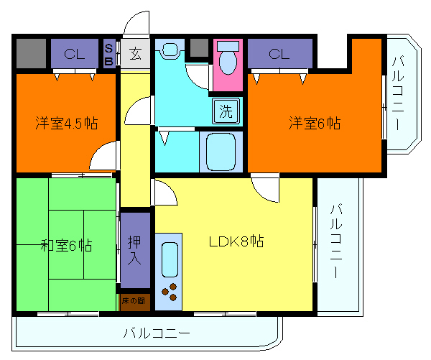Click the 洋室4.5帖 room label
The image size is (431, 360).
[66, 123]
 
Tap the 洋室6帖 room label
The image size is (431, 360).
[315, 123]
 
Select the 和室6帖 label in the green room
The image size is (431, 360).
[65, 245]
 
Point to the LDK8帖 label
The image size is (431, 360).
[236, 241]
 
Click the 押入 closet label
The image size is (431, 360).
[134, 250]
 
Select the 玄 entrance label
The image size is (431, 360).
[134, 52]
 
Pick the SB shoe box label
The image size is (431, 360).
[108, 53]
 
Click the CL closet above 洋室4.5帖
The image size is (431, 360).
[73, 53]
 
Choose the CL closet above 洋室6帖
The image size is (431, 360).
[279, 53]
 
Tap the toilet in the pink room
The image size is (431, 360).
[228, 60]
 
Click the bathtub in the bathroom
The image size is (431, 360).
[222, 150]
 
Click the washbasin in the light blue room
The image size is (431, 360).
[170, 51]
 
